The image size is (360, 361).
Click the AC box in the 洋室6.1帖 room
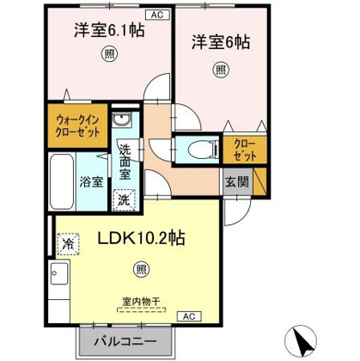(x=157, y=15)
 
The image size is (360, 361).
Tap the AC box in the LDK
(x=189, y=316)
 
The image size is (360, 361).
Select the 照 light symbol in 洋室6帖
(x=221, y=70)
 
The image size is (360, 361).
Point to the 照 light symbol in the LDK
(x=142, y=269)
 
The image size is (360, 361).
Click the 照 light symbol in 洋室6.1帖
(x=109, y=53)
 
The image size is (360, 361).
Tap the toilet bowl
(x=203, y=150)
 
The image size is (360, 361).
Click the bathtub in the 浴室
(x=61, y=181)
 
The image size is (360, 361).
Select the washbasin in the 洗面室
(x=122, y=119)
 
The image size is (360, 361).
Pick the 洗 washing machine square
(x=125, y=200)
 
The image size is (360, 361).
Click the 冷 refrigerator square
(x=68, y=244)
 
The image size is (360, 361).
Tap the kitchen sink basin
(x=59, y=273)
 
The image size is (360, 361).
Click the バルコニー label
(x=125, y=342)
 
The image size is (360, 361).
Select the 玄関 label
(x=237, y=181)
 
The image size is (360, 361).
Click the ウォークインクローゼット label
(x=78, y=125)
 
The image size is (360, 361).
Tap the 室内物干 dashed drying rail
(x=142, y=309)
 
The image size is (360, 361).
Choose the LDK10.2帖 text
(x=142, y=238)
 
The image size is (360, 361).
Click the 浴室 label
(x=91, y=181)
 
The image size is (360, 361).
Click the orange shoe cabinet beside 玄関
(x=260, y=181)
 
